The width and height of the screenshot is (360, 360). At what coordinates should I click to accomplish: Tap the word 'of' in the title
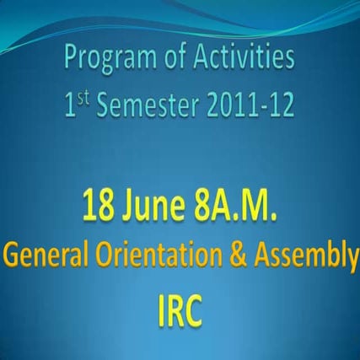pyautogui.click(x=161, y=58)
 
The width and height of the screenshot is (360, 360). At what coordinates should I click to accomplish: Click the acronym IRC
pyautogui.click(x=180, y=309)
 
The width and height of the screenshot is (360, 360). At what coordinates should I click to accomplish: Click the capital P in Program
pyautogui.click(x=71, y=58)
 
